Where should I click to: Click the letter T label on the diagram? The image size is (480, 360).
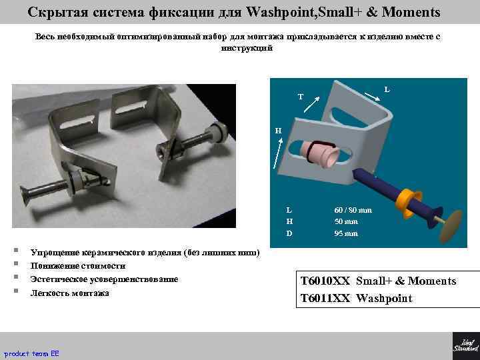(x=300, y=97)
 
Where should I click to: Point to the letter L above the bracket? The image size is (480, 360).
(x=387, y=89)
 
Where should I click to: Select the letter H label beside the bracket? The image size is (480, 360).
(x=279, y=131)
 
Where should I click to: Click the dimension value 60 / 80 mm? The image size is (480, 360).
(x=353, y=210)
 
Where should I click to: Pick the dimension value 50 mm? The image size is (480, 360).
(x=346, y=221)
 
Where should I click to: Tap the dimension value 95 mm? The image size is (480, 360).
(x=346, y=233)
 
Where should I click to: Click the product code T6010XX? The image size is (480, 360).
(x=325, y=281)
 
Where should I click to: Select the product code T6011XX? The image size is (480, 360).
(x=325, y=298)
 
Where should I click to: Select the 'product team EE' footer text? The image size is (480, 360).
(x=32, y=353)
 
